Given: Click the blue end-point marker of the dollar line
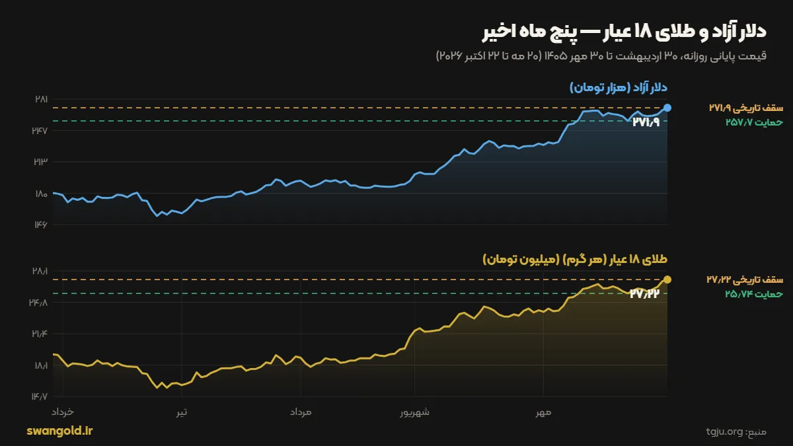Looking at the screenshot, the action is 667,108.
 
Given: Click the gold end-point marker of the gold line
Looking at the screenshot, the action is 667,279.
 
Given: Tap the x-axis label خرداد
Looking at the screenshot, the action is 63,412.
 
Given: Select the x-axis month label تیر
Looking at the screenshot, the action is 182,412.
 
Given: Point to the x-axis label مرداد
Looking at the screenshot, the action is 301,412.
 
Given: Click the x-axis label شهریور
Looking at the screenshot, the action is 414,412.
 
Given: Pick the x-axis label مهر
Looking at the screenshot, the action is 543,412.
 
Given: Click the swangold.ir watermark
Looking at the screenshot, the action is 59,431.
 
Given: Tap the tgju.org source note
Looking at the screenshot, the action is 736,432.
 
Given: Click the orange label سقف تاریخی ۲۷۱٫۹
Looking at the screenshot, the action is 746,108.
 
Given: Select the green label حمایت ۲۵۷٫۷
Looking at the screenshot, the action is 754,122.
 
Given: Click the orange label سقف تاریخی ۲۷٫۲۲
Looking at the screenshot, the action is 745,279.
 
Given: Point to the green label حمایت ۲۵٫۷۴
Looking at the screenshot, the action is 754,294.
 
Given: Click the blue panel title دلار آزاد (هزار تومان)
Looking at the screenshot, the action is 619,87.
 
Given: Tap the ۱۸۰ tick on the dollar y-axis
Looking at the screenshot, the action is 41,194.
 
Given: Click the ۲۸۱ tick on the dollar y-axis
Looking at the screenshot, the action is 41,99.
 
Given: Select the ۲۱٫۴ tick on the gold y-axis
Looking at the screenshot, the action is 39,334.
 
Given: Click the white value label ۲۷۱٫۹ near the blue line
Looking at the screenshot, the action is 646,122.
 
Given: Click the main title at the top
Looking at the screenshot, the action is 624,32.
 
